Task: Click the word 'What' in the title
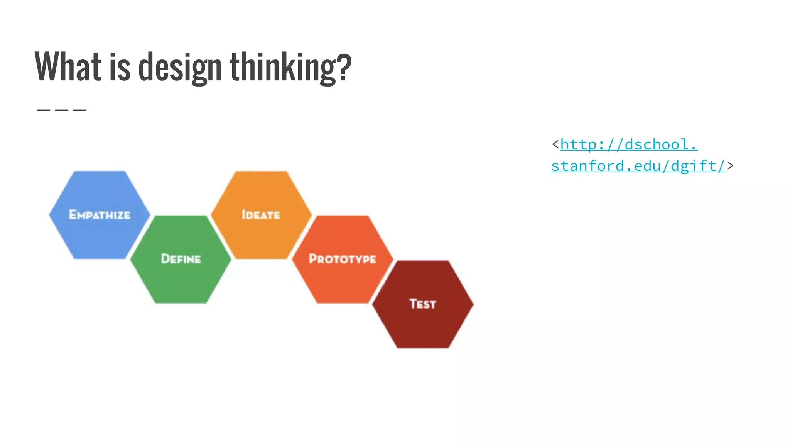tap(68, 66)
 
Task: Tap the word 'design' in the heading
tap(179, 68)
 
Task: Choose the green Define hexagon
tap(181, 278)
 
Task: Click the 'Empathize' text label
tap(100, 215)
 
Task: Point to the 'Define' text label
tap(181, 259)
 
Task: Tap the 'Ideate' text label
tap(261, 215)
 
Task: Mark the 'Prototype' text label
tap(343, 259)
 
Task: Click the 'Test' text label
tap(423, 304)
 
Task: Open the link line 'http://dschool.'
tap(629, 145)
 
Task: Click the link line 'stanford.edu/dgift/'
tap(638, 166)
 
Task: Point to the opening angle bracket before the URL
tap(555, 144)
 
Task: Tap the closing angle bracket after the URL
tap(730, 166)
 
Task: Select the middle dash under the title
tap(62, 110)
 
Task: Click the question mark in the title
tap(344, 66)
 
